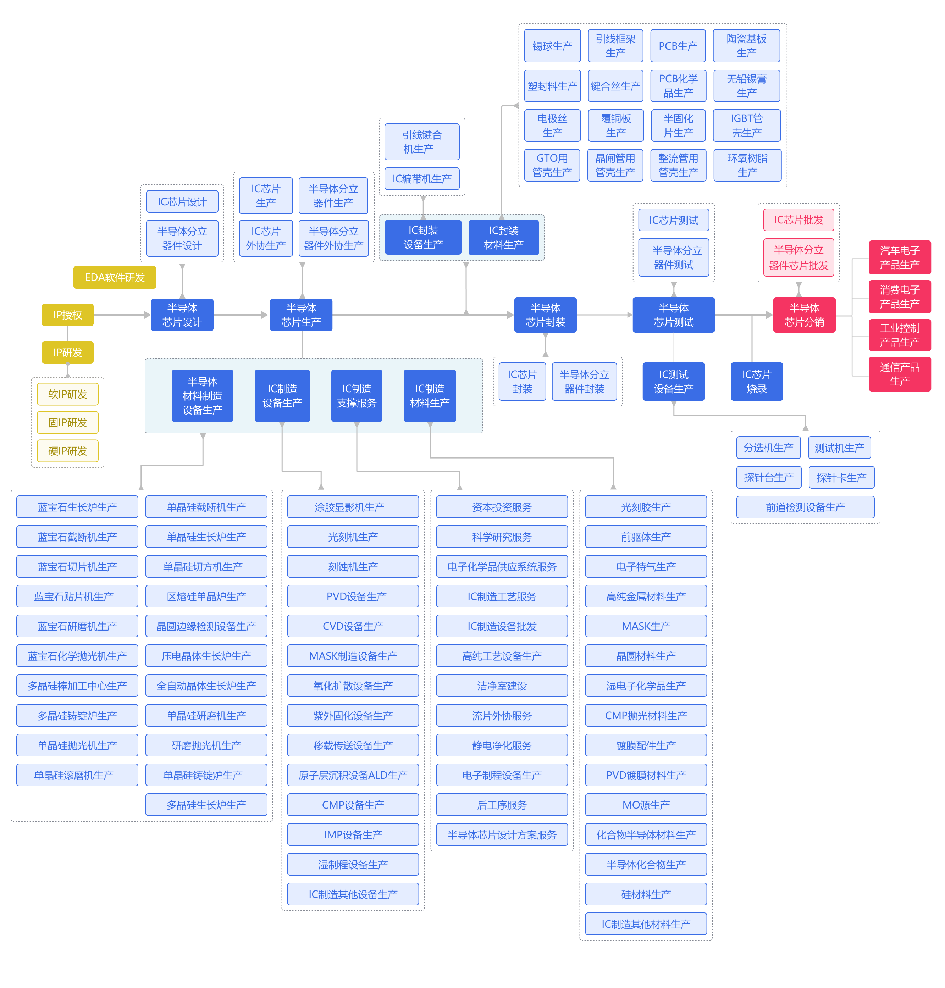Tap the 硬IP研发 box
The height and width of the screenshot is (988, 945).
coord(67,451)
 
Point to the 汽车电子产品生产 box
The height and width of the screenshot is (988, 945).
coord(899,257)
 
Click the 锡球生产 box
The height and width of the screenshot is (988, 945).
coord(552,46)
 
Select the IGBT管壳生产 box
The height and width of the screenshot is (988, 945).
coord(747,126)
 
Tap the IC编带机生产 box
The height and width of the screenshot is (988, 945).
coord(422,179)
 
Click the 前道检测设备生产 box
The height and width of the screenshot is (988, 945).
coord(805,507)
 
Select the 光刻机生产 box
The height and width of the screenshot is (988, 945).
coord(353,537)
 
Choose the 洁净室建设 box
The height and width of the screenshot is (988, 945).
coord(502,686)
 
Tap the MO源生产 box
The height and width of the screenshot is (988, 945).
coord(646,805)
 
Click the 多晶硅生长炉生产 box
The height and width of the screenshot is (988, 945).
coord(206,805)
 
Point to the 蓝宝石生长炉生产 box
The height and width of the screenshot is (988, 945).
coord(77,507)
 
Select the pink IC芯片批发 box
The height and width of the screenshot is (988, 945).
coord(798,220)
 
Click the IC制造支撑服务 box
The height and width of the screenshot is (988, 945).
coord(356,396)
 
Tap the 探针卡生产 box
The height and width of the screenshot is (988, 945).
coord(841,477)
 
